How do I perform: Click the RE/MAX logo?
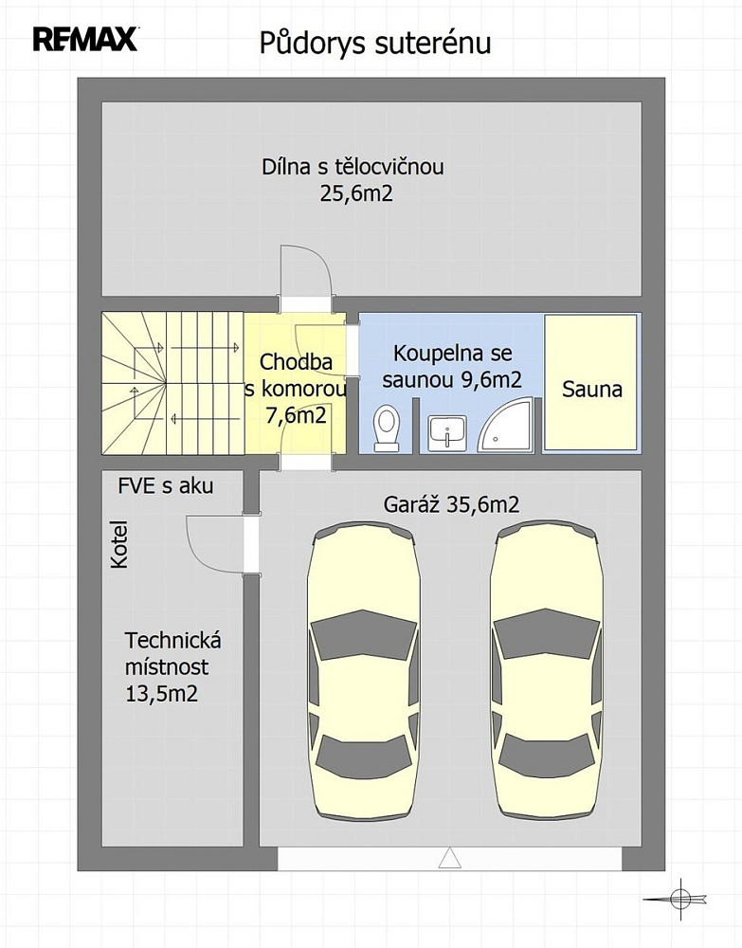tap(85, 40)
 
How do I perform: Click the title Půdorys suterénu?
tap(375, 44)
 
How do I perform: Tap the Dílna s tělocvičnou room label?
tap(353, 166)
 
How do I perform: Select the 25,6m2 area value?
tap(356, 193)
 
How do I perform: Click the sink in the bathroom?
tap(447, 433)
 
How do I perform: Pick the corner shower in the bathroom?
tap(505, 425)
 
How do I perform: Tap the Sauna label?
tap(592, 389)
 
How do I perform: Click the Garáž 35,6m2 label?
tap(451, 504)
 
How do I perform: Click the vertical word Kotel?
tap(119, 544)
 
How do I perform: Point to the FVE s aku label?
tap(166, 485)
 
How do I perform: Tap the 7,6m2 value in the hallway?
tap(296, 415)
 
